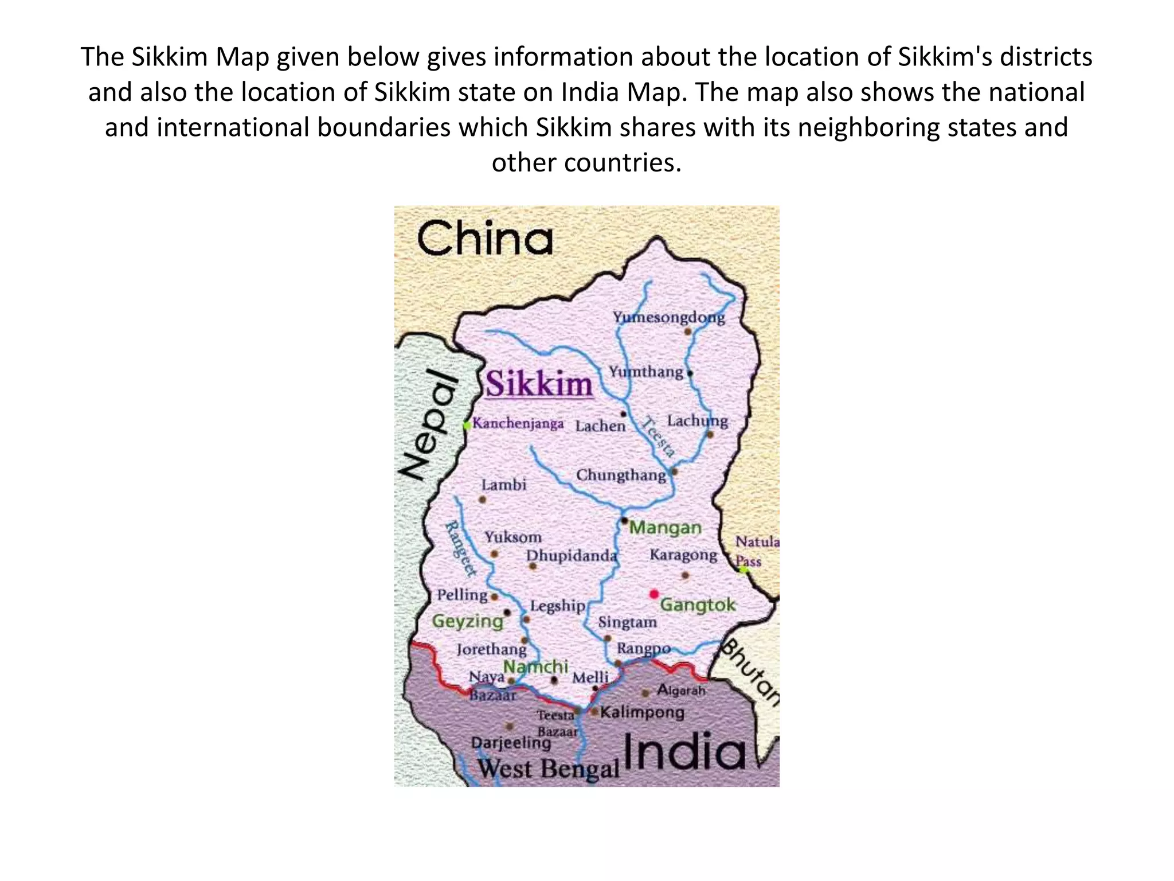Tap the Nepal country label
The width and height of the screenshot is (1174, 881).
click(429, 424)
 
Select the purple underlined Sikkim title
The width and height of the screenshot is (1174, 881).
click(539, 384)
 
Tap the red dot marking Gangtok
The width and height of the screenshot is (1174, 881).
click(654, 594)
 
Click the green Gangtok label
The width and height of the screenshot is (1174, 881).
click(698, 605)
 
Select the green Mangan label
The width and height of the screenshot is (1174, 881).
click(665, 528)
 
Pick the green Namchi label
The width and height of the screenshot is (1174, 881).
click(535, 666)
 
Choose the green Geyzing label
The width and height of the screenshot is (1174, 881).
click(468, 621)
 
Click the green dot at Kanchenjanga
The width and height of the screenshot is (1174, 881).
click(467, 425)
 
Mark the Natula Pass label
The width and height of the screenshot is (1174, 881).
click(756, 551)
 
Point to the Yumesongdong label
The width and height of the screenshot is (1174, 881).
click(668, 317)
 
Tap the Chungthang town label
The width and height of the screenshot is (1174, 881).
click(621, 475)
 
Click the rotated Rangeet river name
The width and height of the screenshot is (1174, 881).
click(460, 548)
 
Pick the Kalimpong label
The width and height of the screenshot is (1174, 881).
click(642, 712)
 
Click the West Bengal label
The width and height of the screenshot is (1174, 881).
click(549, 769)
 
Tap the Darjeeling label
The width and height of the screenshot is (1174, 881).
click(511, 743)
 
